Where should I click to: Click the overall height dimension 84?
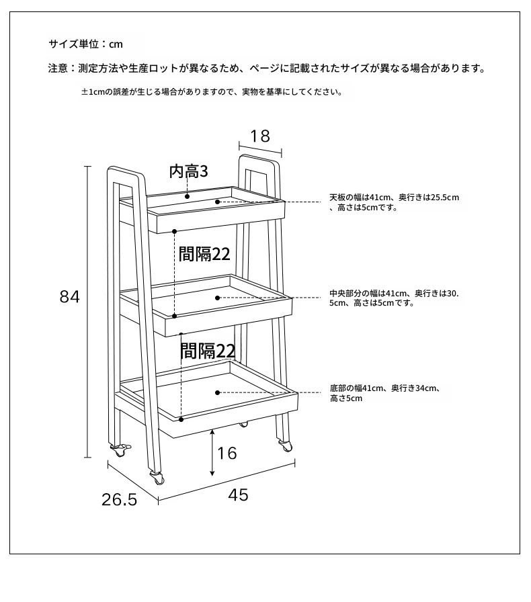tap(69, 297)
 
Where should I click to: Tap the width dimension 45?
tap(238, 495)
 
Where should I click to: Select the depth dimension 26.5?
tap(119, 499)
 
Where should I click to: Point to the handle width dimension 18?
tap(260, 136)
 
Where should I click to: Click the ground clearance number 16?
tap(227, 453)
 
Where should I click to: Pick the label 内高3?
tap(189, 171)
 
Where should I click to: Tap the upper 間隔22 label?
tap(204, 254)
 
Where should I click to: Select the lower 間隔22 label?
tap(208, 351)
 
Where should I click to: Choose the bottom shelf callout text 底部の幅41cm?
tap(356, 388)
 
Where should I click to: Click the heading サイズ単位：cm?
tap(85, 44)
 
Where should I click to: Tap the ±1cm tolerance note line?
tap(212, 92)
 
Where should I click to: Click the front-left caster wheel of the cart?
tap(157, 478)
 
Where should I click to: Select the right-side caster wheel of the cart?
tap(285, 445)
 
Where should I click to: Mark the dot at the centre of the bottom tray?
tap(218, 392)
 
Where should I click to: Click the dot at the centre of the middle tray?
tap(218, 298)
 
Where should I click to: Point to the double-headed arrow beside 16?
tap(212, 453)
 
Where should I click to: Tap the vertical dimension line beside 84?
tap(88, 312)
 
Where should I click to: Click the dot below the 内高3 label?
tap(187, 197)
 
